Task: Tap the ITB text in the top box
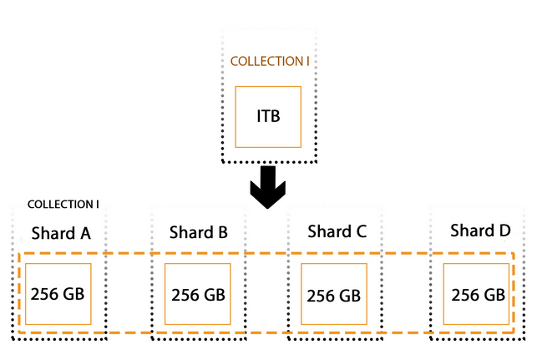coord(267,115)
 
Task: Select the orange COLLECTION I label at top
coord(275,61)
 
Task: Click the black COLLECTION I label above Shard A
coord(63,205)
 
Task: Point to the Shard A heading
coord(61,232)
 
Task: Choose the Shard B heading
coord(198,231)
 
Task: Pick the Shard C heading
coord(337,231)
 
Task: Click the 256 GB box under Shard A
coord(58,293)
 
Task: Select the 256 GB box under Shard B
coord(198,295)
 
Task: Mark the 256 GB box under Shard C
coord(333,295)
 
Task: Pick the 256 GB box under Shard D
coord(478,294)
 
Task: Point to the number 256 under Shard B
coord(186,295)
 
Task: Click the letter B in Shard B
coord(221,231)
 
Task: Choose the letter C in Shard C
coord(361,231)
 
